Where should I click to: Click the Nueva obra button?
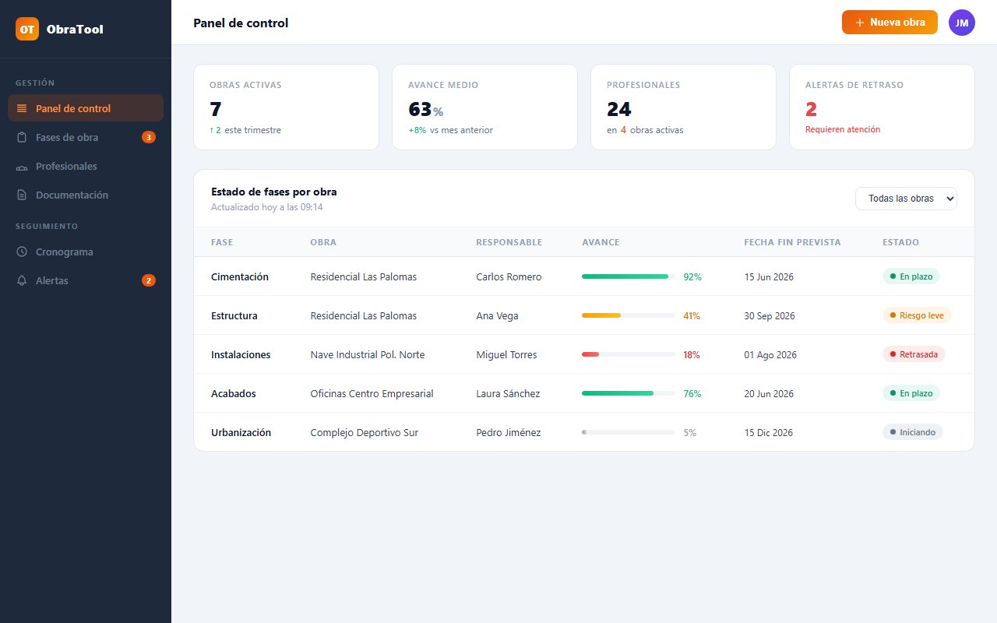point(890,23)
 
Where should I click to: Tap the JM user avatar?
point(961,23)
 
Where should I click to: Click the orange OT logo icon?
point(27,29)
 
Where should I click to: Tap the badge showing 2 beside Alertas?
point(149,280)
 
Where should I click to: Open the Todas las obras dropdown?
point(906,199)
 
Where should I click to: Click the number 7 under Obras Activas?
point(216,109)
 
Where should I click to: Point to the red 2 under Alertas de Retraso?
point(811,109)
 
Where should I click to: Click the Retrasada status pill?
point(914,354)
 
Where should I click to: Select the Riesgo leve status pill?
point(917,315)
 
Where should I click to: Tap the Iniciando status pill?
point(912,432)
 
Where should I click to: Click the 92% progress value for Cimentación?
point(692,276)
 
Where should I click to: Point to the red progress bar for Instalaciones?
point(590,354)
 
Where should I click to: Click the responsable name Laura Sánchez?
point(508,393)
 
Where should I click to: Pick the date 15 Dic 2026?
point(768,432)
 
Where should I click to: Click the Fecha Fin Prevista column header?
point(792,242)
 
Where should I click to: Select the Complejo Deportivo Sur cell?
point(364,432)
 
